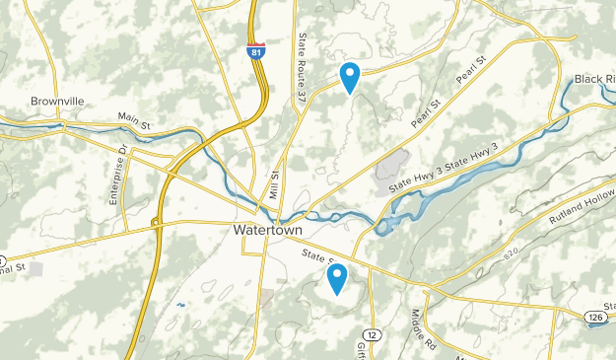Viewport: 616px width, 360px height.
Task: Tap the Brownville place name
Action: click(59, 101)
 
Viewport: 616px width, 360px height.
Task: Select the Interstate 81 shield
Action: click(255, 51)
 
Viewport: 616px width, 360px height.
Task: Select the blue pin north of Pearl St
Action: click(350, 75)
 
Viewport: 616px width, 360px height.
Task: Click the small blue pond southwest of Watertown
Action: click(179, 305)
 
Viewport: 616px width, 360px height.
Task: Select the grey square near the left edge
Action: click(36, 267)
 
